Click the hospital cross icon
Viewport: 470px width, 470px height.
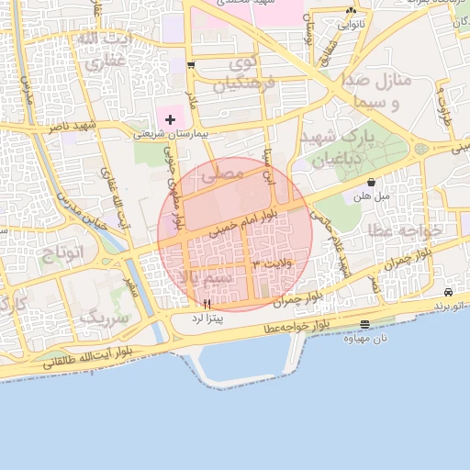(x=170, y=119)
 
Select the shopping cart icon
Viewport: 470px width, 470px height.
(x=191, y=65)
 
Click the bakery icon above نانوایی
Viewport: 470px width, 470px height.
(x=352, y=10)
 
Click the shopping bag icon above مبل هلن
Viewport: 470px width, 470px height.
(x=371, y=182)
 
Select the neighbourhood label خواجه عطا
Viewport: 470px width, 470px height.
(x=404, y=229)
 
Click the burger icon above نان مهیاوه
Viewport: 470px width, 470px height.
(x=365, y=324)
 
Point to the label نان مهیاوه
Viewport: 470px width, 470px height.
(x=365, y=338)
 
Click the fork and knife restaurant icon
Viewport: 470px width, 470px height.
(x=207, y=304)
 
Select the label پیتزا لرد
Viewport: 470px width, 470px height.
(x=205, y=318)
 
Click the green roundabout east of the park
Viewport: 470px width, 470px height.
(x=421, y=148)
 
